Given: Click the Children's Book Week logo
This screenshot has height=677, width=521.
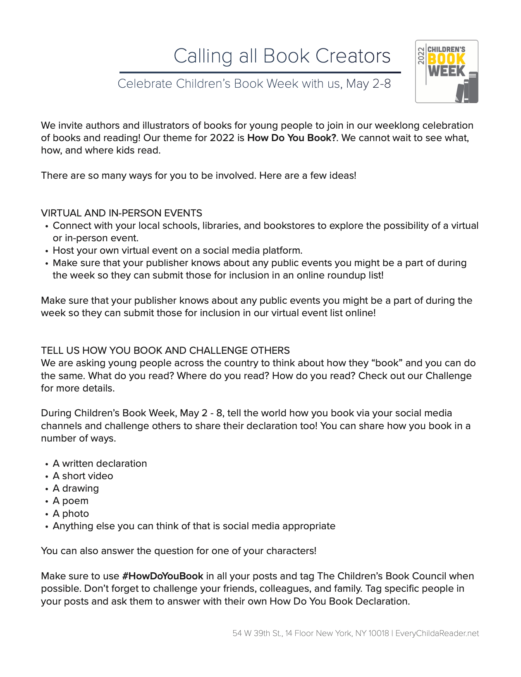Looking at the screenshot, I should point(447,71).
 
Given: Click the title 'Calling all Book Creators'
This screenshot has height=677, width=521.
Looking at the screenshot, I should point(282,56).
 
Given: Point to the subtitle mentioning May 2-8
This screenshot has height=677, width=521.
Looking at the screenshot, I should point(254,84).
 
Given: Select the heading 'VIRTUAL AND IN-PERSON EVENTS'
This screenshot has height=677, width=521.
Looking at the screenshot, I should point(122,213).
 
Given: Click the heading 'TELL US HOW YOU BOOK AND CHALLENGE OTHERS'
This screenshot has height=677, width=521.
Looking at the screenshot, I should point(165,351).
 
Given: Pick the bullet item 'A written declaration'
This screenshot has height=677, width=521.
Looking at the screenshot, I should point(100,463).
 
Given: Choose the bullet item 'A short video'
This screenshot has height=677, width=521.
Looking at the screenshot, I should point(83,476).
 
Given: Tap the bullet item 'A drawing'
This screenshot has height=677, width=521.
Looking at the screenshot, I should point(76,488).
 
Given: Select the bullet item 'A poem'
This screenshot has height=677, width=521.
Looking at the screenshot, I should point(71,501).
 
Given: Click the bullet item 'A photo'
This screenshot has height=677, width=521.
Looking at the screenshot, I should point(71,514).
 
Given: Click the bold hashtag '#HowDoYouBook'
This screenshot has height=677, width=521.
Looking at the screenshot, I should point(163,576).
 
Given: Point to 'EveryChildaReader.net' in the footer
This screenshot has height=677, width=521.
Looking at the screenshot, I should point(437,633).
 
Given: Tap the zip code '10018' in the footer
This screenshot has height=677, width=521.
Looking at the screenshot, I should point(378,633).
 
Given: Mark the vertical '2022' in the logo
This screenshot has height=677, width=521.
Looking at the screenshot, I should point(421,55).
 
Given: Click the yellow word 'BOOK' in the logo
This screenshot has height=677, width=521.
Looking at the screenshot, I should point(446,59).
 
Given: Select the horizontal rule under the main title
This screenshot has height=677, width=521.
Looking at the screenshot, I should point(260,72).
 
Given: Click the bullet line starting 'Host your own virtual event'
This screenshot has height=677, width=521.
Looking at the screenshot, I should point(177,250).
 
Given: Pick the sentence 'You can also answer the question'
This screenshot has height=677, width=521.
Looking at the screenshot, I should point(179,551).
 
